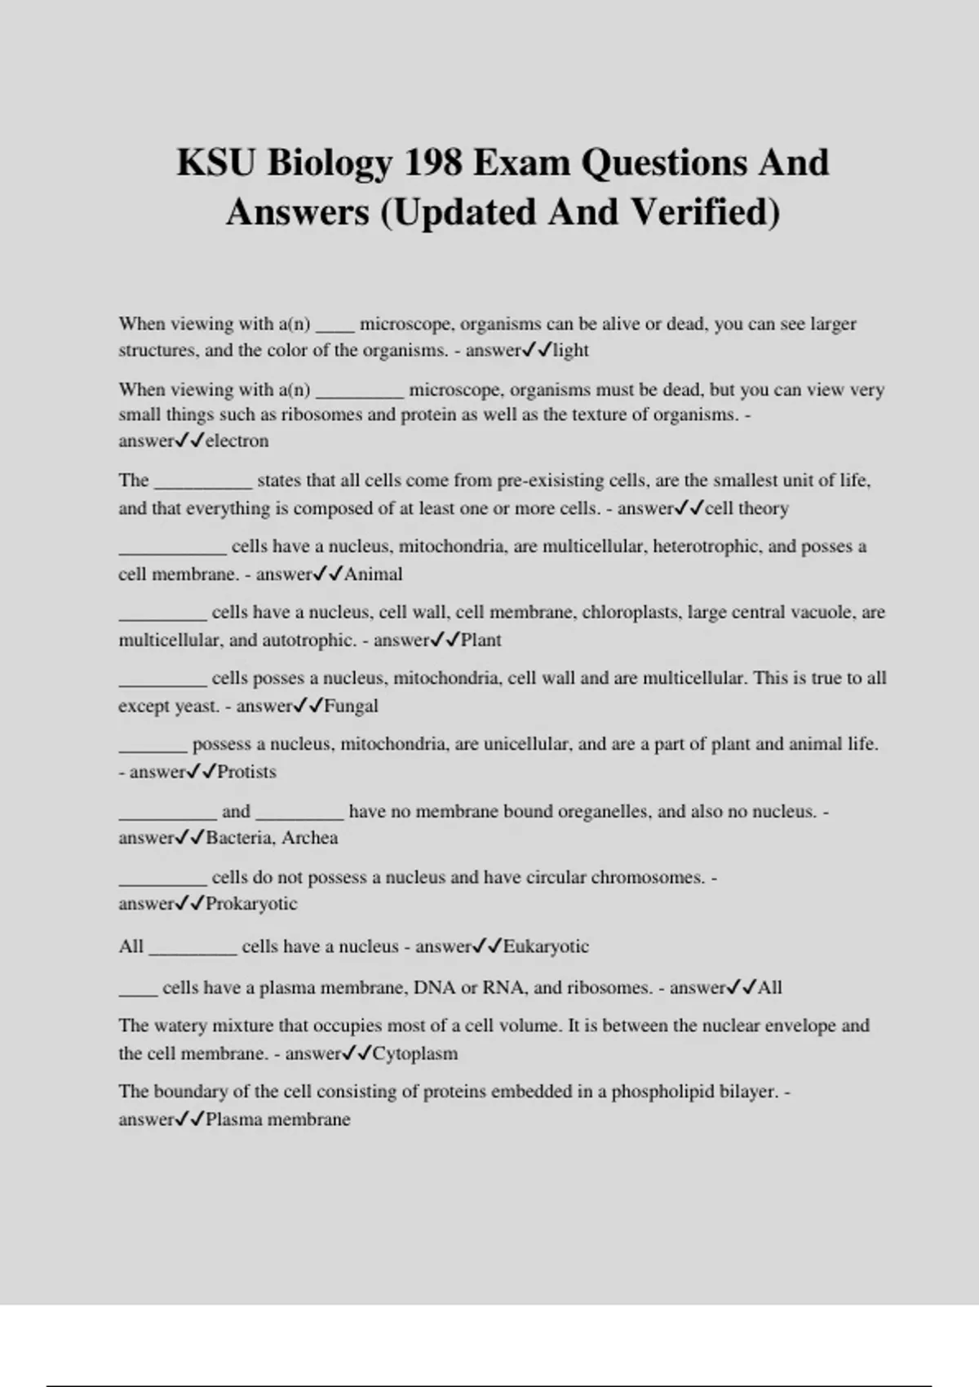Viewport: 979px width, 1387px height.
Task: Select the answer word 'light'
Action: pyautogui.click(x=571, y=350)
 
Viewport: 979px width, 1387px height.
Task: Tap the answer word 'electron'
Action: pyautogui.click(x=237, y=441)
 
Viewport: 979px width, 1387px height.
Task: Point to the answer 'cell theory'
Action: pyautogui.click(x=746, y=508)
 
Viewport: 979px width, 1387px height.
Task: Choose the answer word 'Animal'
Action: pyautogui.click(x=373, y=574)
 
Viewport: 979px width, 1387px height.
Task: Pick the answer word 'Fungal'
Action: pyautogui.click(x=351, y=706)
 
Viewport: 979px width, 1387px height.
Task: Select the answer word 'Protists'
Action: pyautogui.click(x=246, y=772)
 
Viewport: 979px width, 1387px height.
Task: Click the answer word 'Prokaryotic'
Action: pyautogui.click(x=251, y=903)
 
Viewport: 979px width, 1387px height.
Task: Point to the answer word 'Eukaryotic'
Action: pyautogui.click(x=546, y=946)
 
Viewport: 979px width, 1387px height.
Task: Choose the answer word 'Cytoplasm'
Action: pyautogui.click(x=415, y=1053)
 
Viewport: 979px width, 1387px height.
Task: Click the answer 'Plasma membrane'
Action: pyautogui.click(x=277, y=1119)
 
